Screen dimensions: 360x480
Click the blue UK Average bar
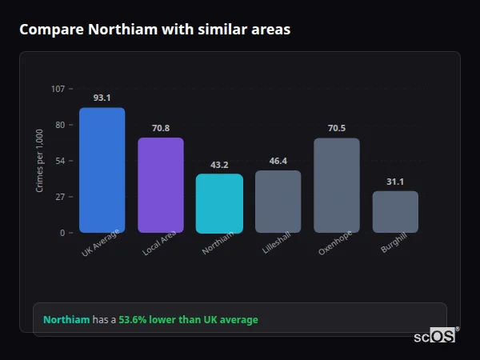coord(102,170)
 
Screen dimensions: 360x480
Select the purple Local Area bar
coord(161,186)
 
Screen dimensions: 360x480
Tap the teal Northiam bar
coord(219,203)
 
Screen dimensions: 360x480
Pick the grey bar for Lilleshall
coord(278,202)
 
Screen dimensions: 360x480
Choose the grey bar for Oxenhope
coord(337,186)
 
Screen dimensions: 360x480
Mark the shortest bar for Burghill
coord(395,212)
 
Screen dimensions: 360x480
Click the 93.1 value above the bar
coord(102,98)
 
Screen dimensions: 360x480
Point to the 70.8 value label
coord(161,128)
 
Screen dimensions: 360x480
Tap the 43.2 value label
coord(219,165)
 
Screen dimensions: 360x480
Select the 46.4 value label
coord(278,161)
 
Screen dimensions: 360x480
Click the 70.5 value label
coord(337,128)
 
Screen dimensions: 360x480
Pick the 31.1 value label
coord(395,182)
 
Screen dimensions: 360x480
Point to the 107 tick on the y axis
coord(58,89)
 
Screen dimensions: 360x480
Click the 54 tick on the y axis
coord(60,161)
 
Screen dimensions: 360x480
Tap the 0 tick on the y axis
coord(62,233)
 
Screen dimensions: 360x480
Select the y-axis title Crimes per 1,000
coord(40,161)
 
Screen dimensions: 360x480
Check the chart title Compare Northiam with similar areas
coord(154,30)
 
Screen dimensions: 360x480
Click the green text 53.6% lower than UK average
coord(188,320)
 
